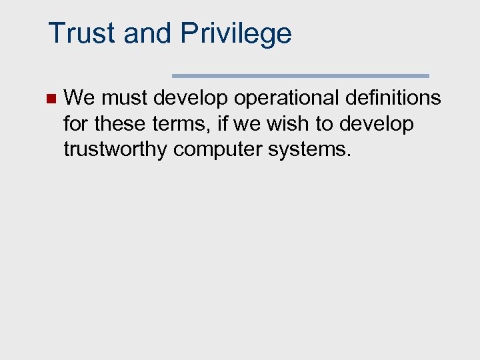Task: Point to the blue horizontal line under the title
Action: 301,76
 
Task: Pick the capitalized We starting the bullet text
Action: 79,99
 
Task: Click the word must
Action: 125,99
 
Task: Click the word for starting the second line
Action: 76,124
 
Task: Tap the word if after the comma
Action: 223,124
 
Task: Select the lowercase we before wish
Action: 248,125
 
